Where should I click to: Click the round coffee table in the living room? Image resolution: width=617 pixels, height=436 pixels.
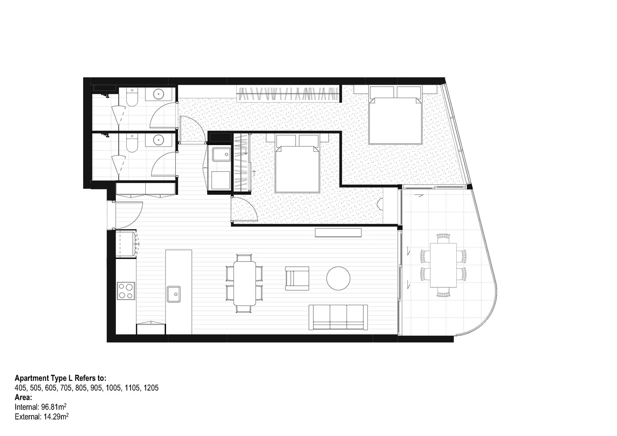tap(338, 278)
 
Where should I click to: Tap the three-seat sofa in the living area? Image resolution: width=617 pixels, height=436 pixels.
tap(338, 318)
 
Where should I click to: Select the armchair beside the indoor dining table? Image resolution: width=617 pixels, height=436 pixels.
tap(297, 278)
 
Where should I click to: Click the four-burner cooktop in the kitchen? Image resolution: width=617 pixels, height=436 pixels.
tap(126, 291)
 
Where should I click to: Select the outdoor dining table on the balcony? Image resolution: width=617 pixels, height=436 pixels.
tap(443, 265)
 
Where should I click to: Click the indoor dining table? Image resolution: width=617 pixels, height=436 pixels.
tap(244, 283)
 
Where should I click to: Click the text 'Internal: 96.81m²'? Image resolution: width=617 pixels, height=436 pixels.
tap(41, 407)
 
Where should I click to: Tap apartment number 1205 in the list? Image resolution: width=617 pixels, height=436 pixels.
tap(150, 388)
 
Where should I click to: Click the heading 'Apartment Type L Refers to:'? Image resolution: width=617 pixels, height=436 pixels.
tap(61, 378)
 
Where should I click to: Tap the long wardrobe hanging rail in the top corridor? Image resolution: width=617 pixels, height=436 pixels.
tap(288, 94)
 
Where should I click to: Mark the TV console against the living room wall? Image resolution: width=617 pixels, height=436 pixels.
tap(338, 233)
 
